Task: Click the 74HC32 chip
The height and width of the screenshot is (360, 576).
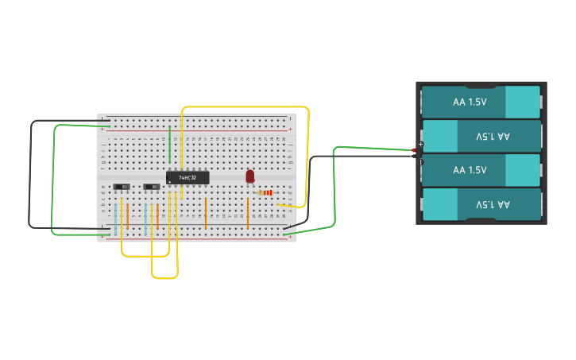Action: [x=187, y=178]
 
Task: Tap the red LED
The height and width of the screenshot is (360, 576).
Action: [x=249, y=176]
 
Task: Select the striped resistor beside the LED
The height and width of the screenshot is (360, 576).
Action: [x=266, y=192]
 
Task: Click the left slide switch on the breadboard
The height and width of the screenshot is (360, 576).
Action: [x=122, y=187]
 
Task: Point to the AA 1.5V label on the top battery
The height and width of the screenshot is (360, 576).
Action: [x=470, y=102]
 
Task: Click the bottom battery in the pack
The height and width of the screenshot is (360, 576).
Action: [x=481, y=204]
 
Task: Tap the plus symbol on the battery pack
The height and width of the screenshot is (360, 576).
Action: [x=421, y=144]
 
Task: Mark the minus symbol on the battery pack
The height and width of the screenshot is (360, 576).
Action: [x=421, y=162]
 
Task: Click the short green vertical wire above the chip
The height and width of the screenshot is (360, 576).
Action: [x=169, y=143]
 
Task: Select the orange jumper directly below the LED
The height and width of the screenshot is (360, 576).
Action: [x=248, y=213]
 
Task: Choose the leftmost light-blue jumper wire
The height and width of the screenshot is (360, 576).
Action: [x=115, y=219]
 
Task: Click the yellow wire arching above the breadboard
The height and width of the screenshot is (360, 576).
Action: [x=246, y=106]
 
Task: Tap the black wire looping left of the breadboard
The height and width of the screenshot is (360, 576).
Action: [x=31, y=175]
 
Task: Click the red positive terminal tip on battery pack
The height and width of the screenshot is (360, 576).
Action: [x=414, y=149]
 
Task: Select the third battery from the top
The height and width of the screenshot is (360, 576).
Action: [x=481, y=170]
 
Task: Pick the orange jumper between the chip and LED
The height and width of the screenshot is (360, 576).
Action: [x=206, y=212]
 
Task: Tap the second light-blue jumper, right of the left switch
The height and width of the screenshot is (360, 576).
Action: [x=145, y=217]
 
